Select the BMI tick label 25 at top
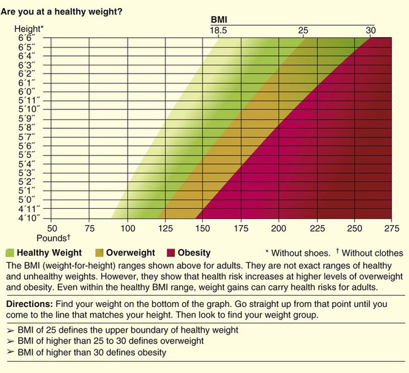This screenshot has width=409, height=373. pyautogui.click(x=304, y=30)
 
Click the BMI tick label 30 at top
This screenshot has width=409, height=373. pyautogui.click(x=371, y=30)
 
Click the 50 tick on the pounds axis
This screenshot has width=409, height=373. pyautogui.click(x=52, y=229)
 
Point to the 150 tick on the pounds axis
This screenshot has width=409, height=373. pyautogui.click(x=203, y=229)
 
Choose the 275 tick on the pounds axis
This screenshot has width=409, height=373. pyautogui.click(x=392, y=229)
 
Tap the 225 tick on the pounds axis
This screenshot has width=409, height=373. pyautogui.click(x=317, y=229)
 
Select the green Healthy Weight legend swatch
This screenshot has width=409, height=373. pyautogui.click(x=9, y=253)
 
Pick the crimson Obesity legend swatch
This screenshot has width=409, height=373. pyautogui.click(x=170, y=253)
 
